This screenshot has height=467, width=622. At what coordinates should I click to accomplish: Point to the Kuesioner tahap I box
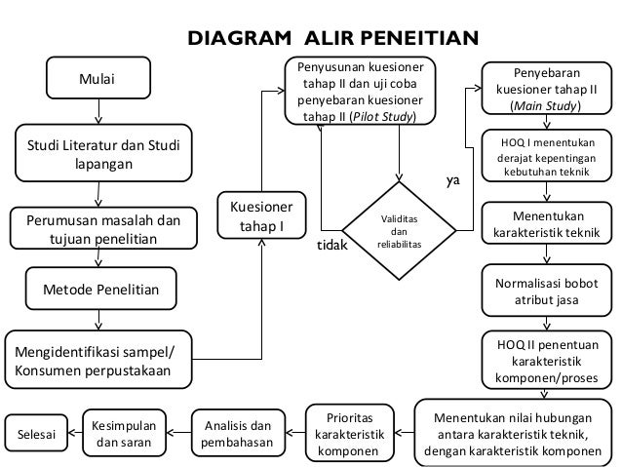[262, 216]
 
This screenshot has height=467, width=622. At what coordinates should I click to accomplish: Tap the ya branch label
[453, 181]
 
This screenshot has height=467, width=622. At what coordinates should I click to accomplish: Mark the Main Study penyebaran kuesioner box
[546, 89]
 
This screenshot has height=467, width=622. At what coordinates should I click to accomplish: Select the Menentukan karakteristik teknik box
[546, 224]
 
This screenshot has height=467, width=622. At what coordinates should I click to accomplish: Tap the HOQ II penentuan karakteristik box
[546, 360]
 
